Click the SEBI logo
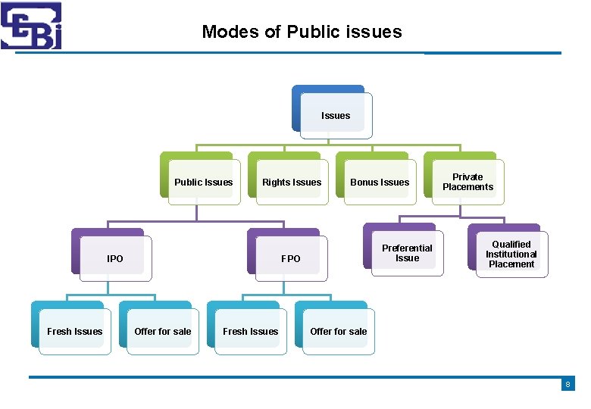(x=31, y=26)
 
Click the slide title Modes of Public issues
(x=302, y=32)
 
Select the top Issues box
(x=336, y=116)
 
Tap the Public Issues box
(x=203, y=182)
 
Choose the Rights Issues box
(x=292, y=182)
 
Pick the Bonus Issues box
(x=380, y=182)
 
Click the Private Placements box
(x=467, y=182)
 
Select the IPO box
(x=115, y=258)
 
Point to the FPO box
(x=291, y=258)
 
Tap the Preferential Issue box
(x=407, y=253)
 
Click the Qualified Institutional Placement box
(x=511, y=254)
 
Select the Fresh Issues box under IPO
(x=74, y=331)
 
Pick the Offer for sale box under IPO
(x=162, y=331)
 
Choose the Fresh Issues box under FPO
(x=250, y=331)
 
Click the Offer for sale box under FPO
(x=338, y=331)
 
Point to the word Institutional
(x=511, y=254)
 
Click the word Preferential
(x=407, y=248)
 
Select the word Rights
(x=276, y=182)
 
